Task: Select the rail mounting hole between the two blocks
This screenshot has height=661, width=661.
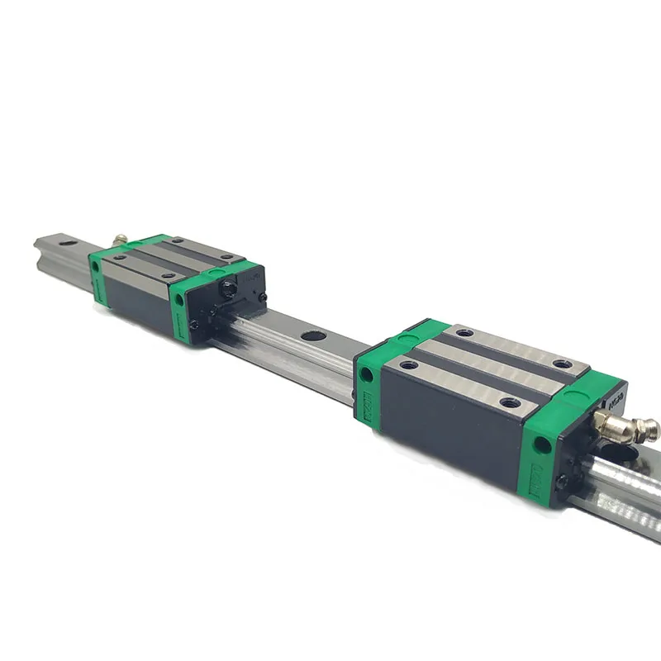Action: point(312,336)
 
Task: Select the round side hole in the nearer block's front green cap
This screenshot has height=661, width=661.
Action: point(542,445)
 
